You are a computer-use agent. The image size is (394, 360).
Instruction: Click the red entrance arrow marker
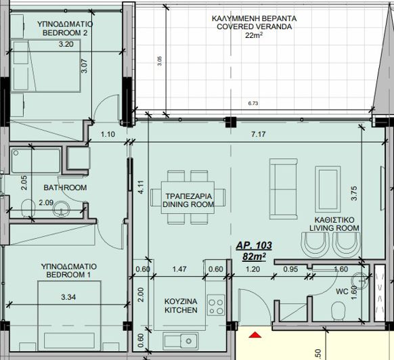pos(255,335)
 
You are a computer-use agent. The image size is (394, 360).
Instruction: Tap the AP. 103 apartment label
pos(254,245)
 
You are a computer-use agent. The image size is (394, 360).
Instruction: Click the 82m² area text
pos(254,256)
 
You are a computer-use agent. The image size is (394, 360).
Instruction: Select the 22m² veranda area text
pos(254,35)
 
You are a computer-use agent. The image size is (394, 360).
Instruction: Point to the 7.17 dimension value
pos(259,134)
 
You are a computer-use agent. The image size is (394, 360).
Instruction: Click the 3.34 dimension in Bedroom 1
pos(68,297)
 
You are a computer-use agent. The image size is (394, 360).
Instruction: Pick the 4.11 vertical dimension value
pos(141,187)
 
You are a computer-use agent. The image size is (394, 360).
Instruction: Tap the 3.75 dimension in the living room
pos(354,193)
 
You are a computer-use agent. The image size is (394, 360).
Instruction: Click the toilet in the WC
pos(338,311)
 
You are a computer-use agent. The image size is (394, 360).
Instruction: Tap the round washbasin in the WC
pos(359,281)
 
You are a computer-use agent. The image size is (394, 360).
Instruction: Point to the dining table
pos(188,198)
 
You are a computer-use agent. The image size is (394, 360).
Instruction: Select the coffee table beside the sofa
pos(328,189)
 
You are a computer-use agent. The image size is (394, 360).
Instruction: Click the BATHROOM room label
pos(65,187)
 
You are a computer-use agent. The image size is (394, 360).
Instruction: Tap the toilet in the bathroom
pos(28,208)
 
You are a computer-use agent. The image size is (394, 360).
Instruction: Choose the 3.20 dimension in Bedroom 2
pos(66,44)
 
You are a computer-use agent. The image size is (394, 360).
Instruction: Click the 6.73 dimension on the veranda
pos(253,104)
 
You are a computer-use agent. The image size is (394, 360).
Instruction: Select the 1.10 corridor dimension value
pos(108,134)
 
